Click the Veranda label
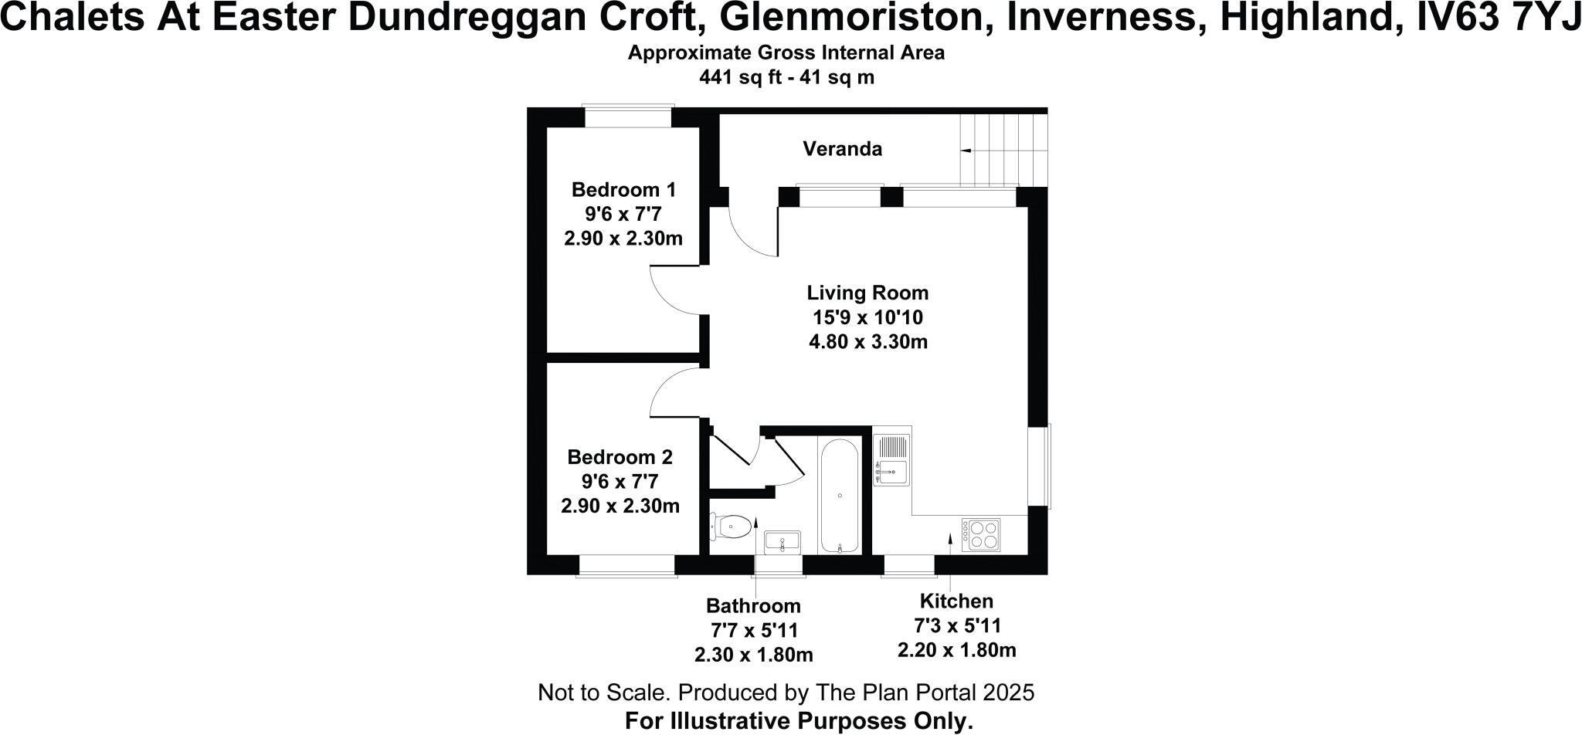tap(842, 148)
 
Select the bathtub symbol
tap(839, 496)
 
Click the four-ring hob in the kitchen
tap(981, 534)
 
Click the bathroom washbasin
tap(783, 542)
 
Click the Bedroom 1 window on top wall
tap(627, 117)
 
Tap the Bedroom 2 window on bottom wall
tap(626, 567)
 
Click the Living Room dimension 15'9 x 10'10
tap(867, 317)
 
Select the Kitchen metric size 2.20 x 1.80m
tap(956, 650)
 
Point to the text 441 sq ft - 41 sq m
tap(786, 77)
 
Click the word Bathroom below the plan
tap(753, 606)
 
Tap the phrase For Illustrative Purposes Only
tap(798, 721)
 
